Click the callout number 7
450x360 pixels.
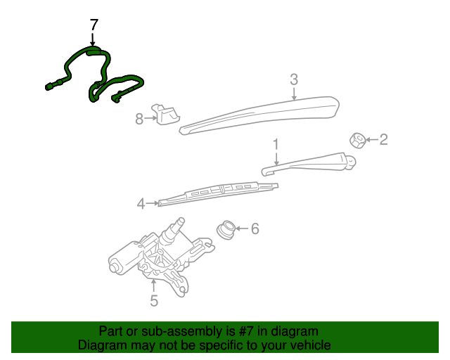click(94, 25)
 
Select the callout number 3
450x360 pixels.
click(294, 79)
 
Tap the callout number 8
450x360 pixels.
click(139, 119)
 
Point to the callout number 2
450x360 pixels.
click(383, 139)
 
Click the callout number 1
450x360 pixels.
click(276, 144)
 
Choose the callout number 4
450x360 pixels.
click(141, 204)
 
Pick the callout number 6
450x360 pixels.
click(255, 229)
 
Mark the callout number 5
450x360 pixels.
click(154, 302)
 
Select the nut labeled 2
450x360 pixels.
click(357, 139)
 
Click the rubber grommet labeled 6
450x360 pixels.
click(226, 229)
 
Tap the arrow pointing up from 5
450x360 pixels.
click(154, 285)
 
